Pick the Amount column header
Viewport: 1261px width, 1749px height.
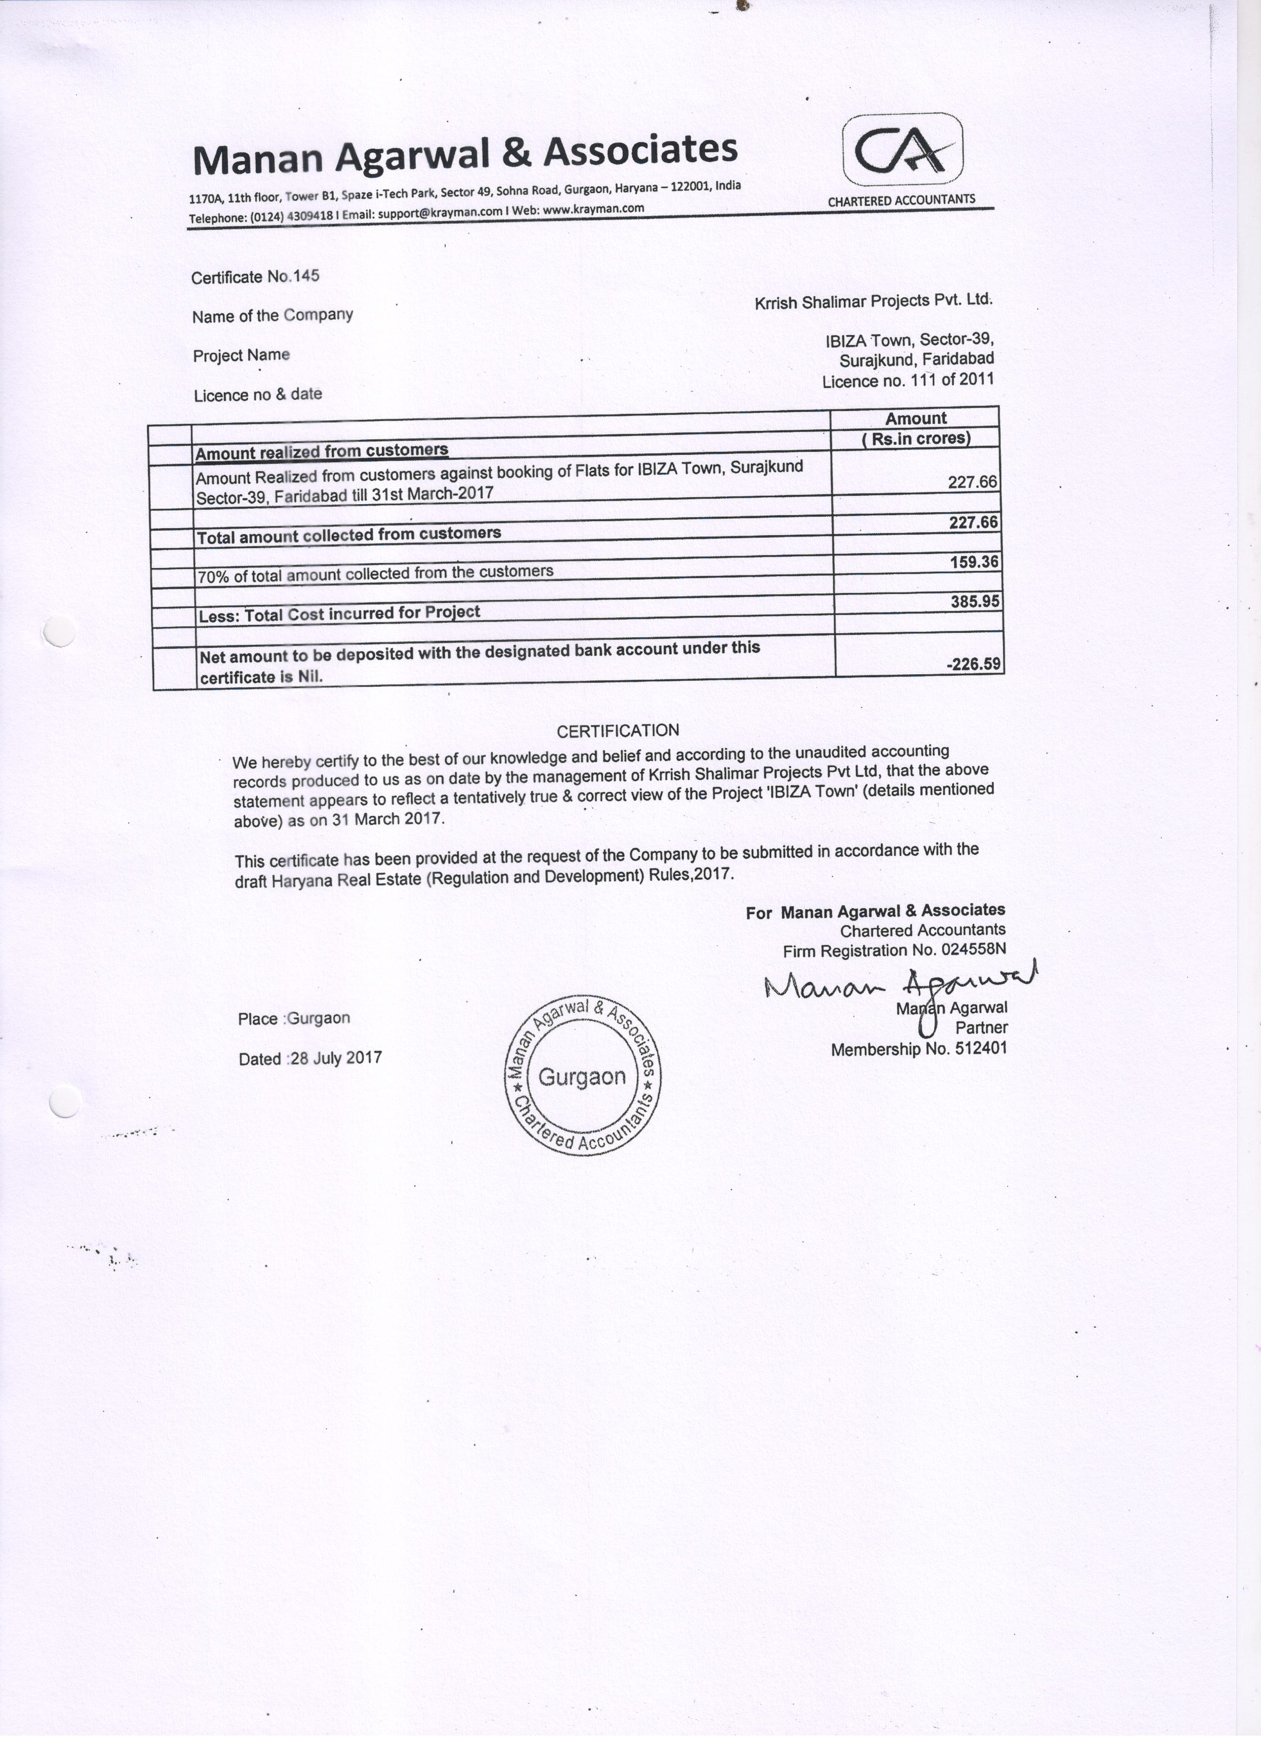tap(915, 419)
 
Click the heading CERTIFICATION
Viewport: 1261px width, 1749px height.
tap(618, 730)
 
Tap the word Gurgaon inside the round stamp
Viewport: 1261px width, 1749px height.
tap(582, 1077)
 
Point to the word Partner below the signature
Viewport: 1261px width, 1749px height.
tap(981, 1028)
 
